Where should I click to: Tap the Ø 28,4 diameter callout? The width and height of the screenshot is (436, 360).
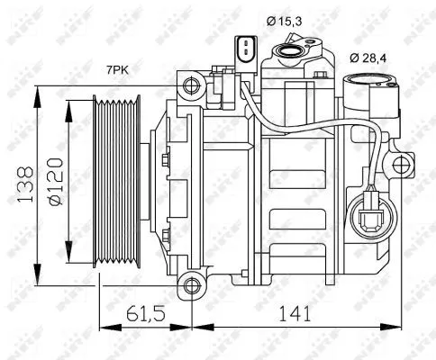pos(369,58)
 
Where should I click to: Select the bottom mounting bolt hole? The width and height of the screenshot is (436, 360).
pos(190,286)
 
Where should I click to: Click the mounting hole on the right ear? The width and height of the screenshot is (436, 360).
pos(400,165)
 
